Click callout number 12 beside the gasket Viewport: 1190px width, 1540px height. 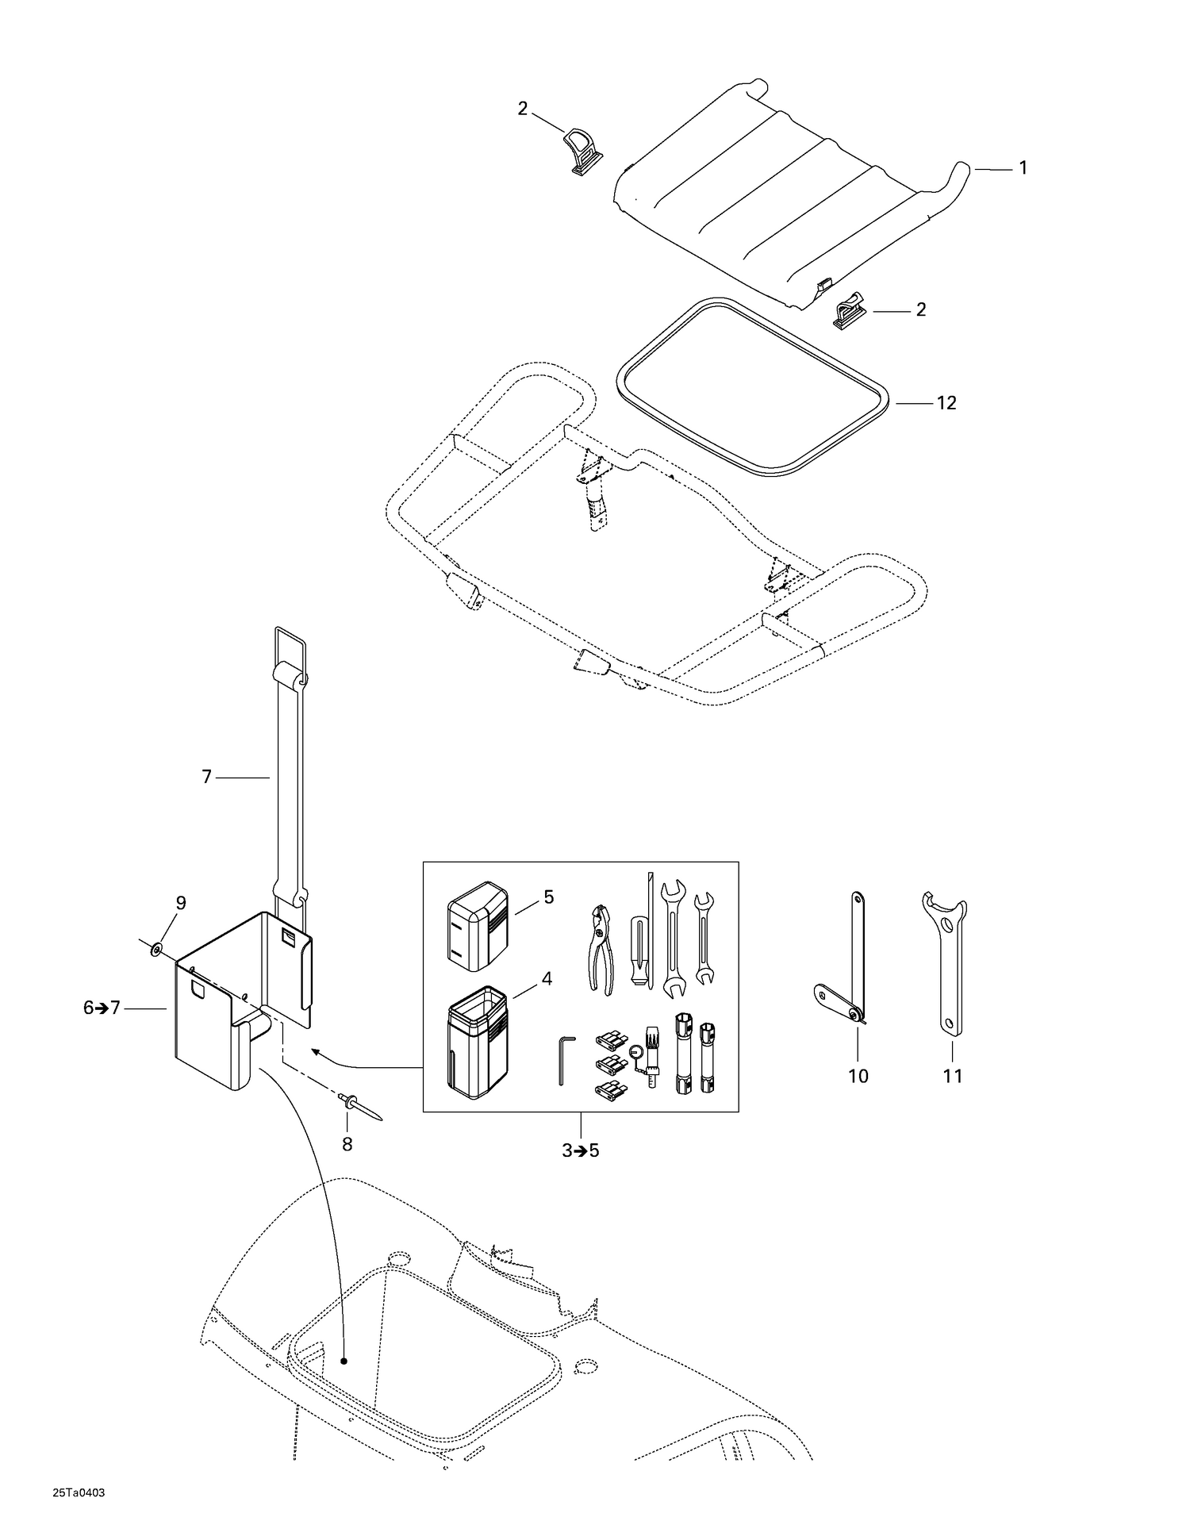coord(946,403)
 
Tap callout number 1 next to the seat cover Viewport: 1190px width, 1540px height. coord(1023,168)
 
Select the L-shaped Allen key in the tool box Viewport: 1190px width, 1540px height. coord(562,1058)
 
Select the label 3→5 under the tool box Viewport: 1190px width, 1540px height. coord(581,1150)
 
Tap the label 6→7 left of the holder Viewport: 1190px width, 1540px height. coord(102,1008)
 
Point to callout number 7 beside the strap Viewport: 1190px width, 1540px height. coord(207,778)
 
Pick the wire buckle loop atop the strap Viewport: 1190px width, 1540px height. coord(290,648)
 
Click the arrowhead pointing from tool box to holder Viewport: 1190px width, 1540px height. coord(316,1053)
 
